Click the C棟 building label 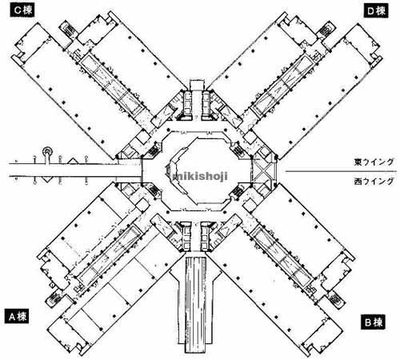click(22, 10)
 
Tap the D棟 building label click(376, 11)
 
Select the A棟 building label click(18, 316)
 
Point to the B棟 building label click(373, 322)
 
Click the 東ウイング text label click(374, 162)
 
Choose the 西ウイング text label click(374, 182)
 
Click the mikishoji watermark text click(200, 176)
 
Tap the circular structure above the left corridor click(48, 152)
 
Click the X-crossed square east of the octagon click(263, 171)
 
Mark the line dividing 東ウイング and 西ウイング click(341, 171)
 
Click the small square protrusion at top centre click(197, 85)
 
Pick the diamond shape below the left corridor click(46, 179)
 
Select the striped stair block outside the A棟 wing click(56, 298)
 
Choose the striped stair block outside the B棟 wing click(337, 299)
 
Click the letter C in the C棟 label click(17, 10)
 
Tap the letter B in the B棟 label click(368, 322)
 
